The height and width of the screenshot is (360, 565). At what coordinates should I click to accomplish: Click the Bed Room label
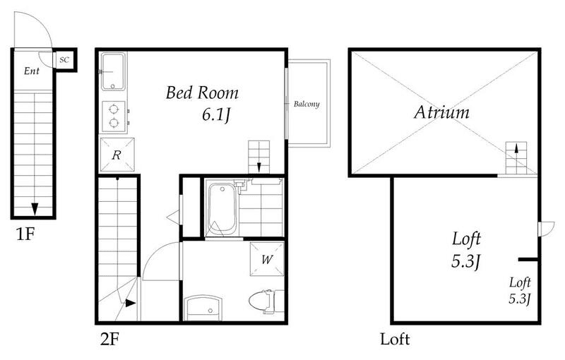[x=202, y=93]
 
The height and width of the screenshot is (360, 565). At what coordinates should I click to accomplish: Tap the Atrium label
[x=442, y=112]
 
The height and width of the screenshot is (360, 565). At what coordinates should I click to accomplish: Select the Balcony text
[x=307, y=104]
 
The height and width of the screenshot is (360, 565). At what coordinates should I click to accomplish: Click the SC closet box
[x=65, y=60]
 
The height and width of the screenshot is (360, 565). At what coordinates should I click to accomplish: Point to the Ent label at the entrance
[x=32, y=71]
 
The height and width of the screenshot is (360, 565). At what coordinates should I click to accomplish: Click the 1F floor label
[x=25, y=234]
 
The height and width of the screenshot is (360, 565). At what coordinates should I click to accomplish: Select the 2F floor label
[x=109, y=339]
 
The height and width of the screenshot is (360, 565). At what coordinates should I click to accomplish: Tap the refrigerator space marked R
[x=117, y=155]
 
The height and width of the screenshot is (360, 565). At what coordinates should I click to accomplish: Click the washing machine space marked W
[x=267, y=259]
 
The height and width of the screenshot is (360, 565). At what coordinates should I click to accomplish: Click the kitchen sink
[x=113, y=71]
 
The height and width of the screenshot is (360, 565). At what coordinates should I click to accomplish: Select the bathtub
[x=222, y=210]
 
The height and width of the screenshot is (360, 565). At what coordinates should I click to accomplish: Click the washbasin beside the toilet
[x=203, y=308]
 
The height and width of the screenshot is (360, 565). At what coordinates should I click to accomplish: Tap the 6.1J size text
[x=216, y=115]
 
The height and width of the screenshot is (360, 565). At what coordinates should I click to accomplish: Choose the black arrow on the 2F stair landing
[x=131, y=304]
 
